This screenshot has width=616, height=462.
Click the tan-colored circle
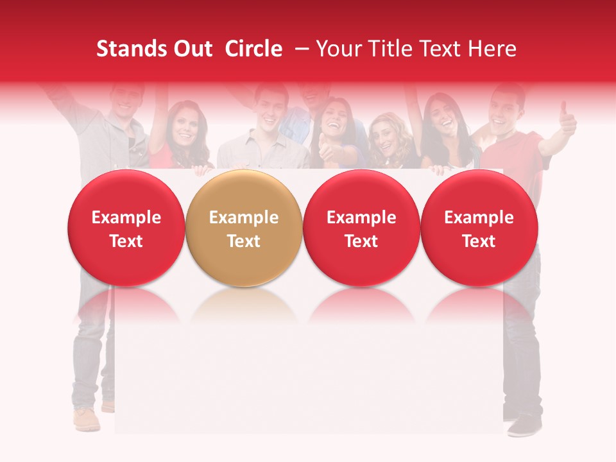pos(244,228)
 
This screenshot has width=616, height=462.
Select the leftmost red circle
pos(126,228)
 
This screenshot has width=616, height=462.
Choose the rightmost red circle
pos(479,228)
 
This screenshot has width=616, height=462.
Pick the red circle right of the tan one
pos(361,228)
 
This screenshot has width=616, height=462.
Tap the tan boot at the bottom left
pos(87,419)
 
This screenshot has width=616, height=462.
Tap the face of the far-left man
pos(125,99)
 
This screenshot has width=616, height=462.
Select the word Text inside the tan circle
pos(244,241)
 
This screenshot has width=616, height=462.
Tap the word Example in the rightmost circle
pos(479,218)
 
